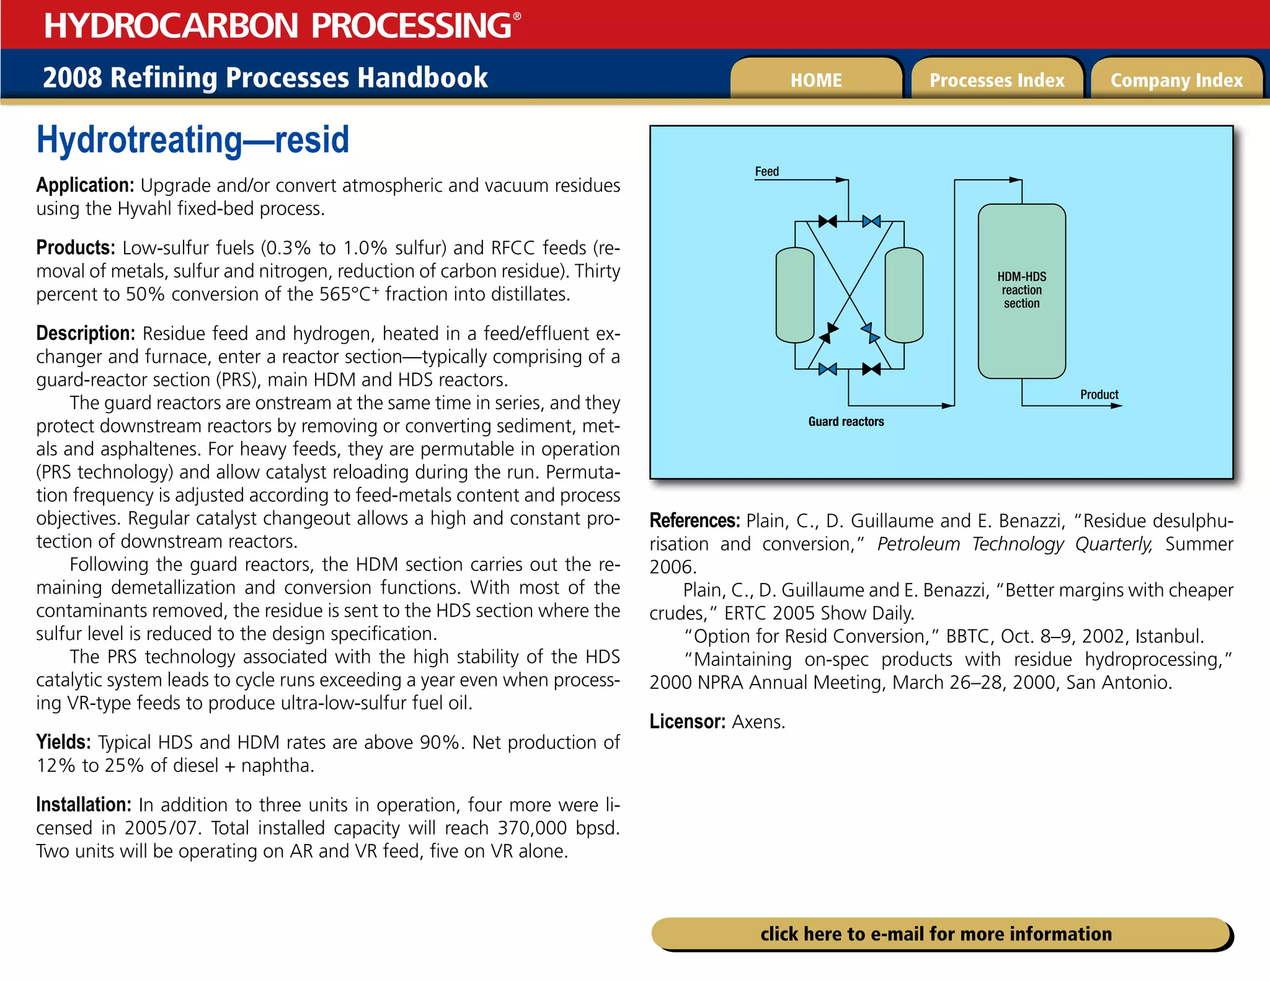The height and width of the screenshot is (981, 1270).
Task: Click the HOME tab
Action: [x=815, y=80]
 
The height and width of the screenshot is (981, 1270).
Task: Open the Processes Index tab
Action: [x=997, y=80]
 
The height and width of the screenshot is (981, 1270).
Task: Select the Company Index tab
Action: [x=1176, y=80]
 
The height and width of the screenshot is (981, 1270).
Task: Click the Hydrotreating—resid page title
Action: [x=193, y=140]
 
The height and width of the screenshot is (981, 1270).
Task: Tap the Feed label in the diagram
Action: [x=766, y=172]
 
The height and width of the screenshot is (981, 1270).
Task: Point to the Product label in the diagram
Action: [x=1099, y=394]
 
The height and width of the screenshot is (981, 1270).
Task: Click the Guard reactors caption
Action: [x=846, y=422]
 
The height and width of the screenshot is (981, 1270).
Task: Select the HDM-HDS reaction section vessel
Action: [x=1021, y=290]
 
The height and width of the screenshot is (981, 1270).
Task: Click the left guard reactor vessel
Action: [x=794, y=295]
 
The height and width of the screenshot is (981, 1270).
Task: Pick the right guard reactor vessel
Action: [x=904, y=295]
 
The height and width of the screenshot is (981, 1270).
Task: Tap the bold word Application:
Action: [x=85, y=185]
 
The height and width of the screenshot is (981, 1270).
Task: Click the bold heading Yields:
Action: [x=63, y=742]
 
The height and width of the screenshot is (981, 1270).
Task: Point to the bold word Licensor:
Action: [x=687, y=722]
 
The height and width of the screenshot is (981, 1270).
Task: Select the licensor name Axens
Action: [x=758, y=722]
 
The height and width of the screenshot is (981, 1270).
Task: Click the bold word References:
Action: [x=695, y=521]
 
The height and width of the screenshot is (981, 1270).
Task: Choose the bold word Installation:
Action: [x=84, y=805]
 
